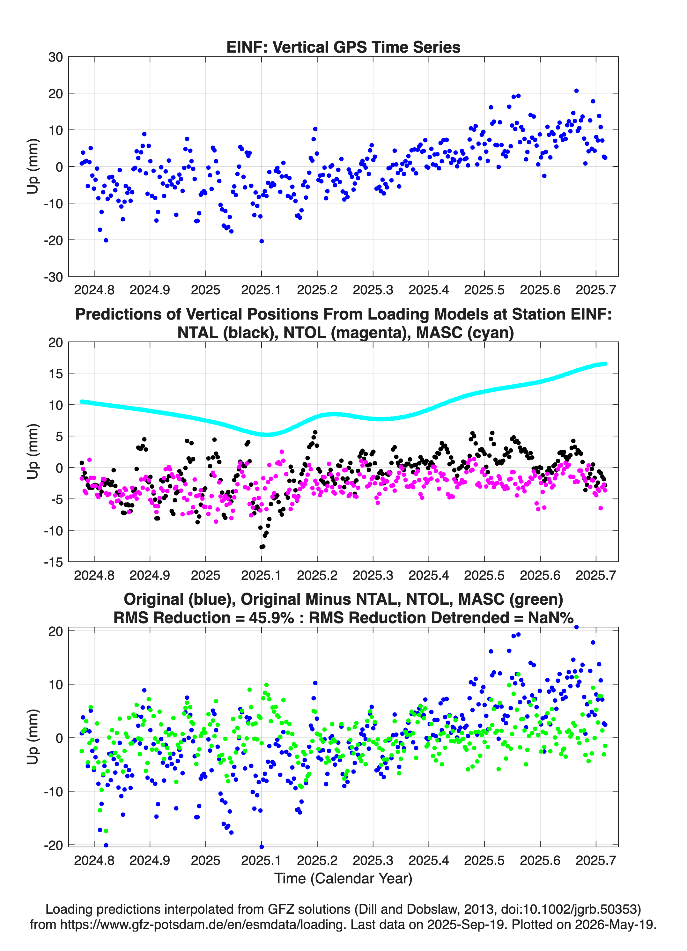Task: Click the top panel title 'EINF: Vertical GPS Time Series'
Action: coord(343,47)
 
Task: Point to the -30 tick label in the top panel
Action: coord(53,277)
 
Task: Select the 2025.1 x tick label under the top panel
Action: coord(261,290)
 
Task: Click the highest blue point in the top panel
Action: coord(576,91)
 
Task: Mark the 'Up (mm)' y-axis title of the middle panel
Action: coord(33,451)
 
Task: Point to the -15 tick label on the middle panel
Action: coord(53,562)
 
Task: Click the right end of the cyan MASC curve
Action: coord(605,364)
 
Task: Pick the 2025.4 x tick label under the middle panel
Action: coord(429,575)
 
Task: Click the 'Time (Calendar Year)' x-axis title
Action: coord(343,878)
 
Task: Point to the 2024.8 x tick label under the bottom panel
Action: coord(94,860)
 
